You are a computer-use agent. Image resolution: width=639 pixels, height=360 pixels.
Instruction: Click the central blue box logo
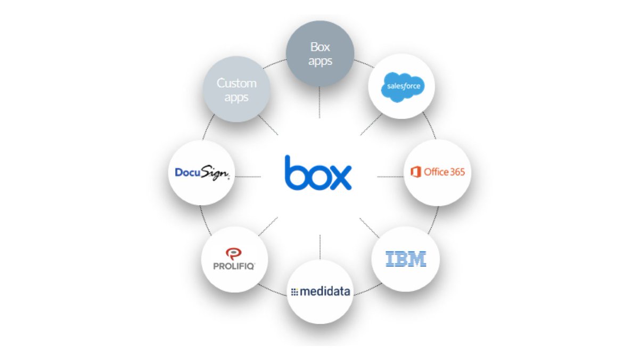318,174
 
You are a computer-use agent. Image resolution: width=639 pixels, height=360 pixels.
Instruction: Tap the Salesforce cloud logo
402,86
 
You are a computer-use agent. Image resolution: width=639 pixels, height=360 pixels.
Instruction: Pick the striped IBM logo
405,259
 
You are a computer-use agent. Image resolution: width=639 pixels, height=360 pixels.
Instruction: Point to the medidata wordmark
324,292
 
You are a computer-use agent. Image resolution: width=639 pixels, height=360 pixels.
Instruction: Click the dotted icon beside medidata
294,292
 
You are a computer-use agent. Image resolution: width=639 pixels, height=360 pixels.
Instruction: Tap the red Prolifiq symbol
233,253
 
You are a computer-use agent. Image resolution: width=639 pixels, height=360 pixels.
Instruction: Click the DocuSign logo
202,173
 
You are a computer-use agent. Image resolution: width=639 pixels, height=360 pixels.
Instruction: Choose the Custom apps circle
236,89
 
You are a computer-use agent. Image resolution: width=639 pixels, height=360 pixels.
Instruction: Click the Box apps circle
320,54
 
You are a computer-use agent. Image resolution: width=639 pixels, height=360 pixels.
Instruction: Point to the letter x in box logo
339,177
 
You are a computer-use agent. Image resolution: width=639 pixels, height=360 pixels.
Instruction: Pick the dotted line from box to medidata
319,246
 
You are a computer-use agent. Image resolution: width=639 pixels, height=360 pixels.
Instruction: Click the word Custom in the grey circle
236,83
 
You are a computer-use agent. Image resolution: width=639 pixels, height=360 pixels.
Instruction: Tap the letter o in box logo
317,177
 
